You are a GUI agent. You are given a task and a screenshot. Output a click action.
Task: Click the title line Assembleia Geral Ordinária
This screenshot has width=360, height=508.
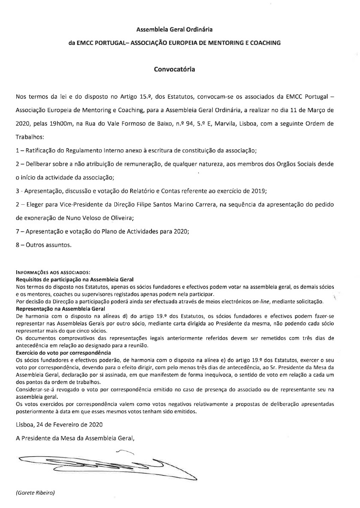coord(174,30)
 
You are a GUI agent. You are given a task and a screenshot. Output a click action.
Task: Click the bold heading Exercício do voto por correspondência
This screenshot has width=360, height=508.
coord(63,352)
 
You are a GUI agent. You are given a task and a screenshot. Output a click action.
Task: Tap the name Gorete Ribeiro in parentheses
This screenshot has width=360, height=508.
coord(36,493)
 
